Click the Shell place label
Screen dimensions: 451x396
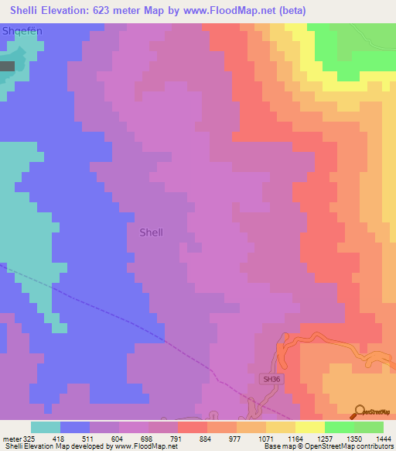point(152,232)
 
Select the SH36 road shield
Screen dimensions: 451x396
point(269,379)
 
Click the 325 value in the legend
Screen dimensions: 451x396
point(23,438)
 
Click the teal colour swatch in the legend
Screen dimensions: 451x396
point(46,427)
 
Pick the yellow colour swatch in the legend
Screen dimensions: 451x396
point(309,427)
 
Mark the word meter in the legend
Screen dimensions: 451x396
point(9,438)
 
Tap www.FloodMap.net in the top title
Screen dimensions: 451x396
point(233,11)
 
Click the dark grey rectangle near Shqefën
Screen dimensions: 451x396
point(7,67)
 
